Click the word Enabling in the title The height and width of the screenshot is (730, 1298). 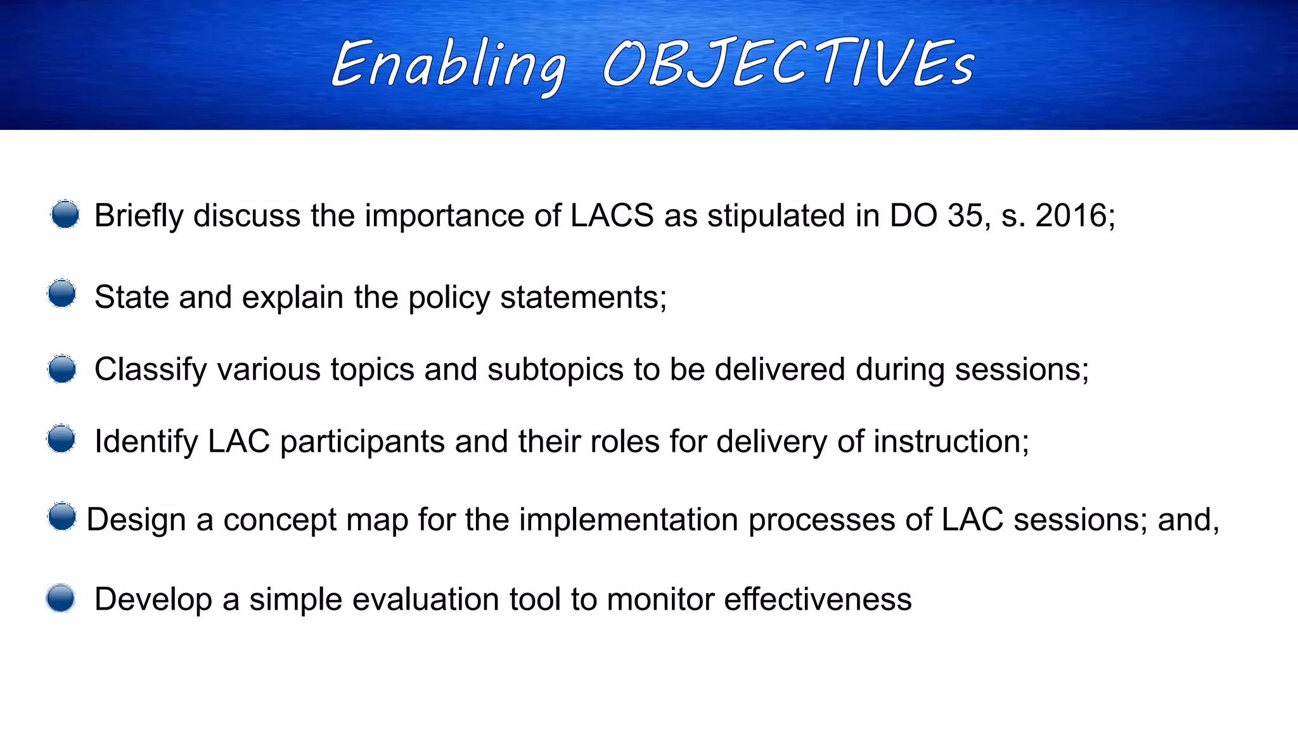pyautogui.click(x=449, y=65)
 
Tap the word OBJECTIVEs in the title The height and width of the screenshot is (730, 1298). pyautogui.click(x=788, y=63)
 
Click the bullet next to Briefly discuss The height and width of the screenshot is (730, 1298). pyautogui.click(x=65, y=214)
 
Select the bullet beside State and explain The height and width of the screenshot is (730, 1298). pyautogui.click(x=62, y=293)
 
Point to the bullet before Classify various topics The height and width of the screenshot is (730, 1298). pyautogui.click(x=62, y=369)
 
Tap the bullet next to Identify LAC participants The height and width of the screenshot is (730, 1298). pyautogui.click(x=61, y=439)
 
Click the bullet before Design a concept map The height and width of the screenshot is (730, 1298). pyautogui.click(x=62, y=516)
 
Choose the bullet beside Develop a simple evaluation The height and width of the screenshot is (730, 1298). pyautogui.click(x=61, y=598)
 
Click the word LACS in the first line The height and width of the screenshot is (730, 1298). pyautogui.click(x=612, y=215)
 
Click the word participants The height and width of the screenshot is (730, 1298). pyautogui.click(x=362, y=442)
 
